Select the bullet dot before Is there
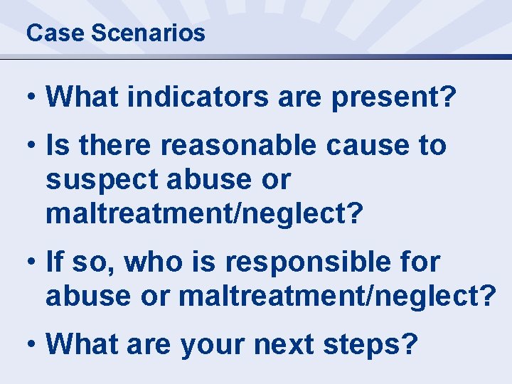pos(31,146)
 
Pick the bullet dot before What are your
pos(31,345)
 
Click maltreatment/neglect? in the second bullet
pos(205,214)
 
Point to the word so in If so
pos(102,262)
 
